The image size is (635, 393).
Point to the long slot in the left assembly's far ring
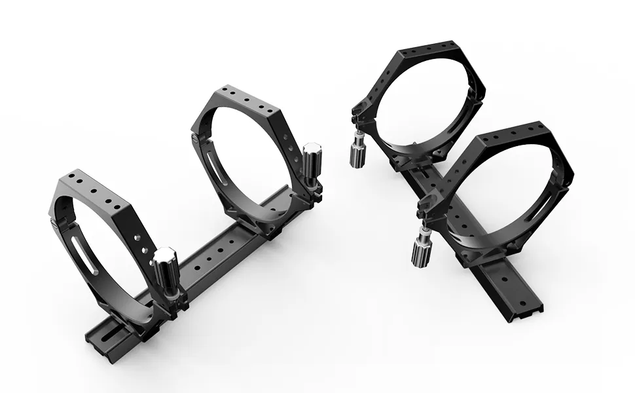pyautogui.click(x=214, y=168)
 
